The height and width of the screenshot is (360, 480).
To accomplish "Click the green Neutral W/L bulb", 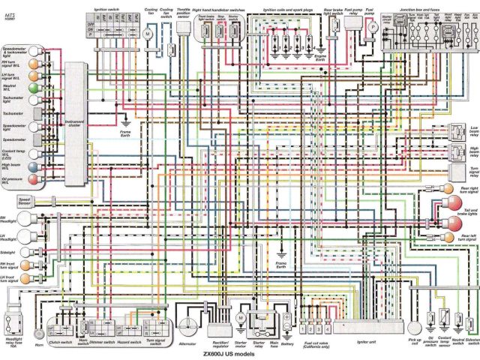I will pyautogui.click(x=32, y=88).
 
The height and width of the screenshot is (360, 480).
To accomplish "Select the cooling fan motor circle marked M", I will pyautogui.click(x=148, y=34).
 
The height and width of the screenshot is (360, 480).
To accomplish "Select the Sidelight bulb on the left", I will pyautogui.click(x=32, y=252).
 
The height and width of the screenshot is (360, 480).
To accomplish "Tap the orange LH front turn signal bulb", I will pyautogui.click(x=32, y=283).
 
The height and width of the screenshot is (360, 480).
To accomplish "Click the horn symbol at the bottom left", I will pyautogui.click(x=38, y=331).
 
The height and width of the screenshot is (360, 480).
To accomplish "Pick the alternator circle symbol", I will pyautogui.click(x=187, y=328).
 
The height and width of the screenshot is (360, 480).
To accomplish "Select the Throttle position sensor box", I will pyautogui.click(x=184, y=30).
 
